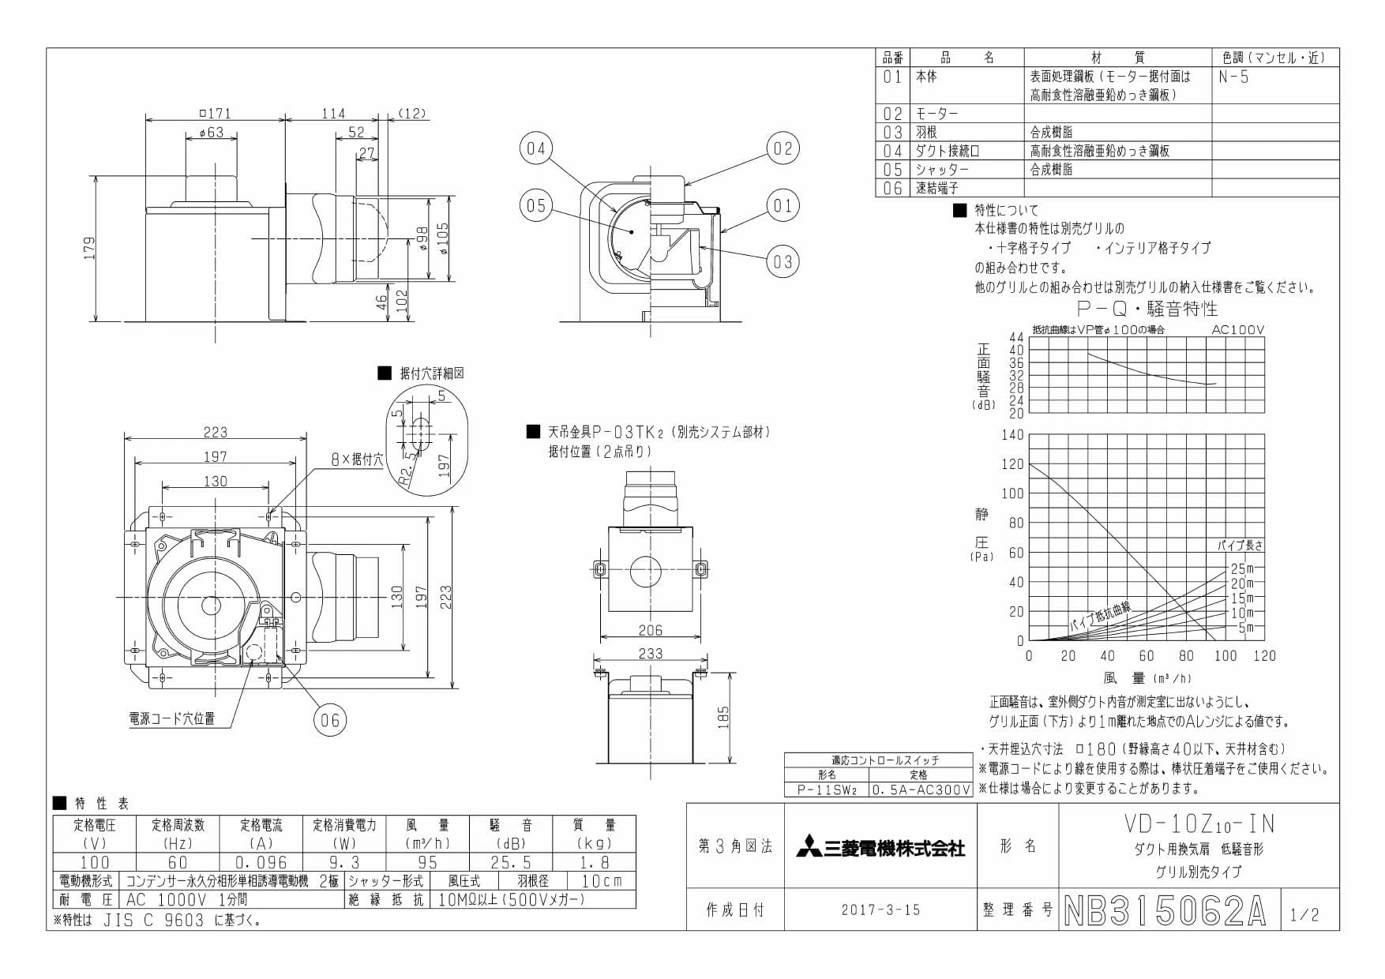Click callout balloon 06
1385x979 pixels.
[330, 719]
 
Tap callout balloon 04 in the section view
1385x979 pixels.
[536, 148]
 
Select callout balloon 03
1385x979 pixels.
[783, 261]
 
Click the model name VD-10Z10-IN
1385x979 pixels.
[1199, 823]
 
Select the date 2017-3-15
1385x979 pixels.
[880, 910]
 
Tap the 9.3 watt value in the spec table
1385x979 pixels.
[344, 862]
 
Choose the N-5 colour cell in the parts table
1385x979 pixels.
[1233, 77]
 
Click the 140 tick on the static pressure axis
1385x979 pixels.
[1012, 434]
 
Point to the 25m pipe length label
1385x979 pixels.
[1243, 568]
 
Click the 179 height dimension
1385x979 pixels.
[89, 248]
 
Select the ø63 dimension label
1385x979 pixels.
[211, 133]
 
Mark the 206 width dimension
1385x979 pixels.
[650, 630]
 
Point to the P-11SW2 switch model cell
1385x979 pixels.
[826, 790]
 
